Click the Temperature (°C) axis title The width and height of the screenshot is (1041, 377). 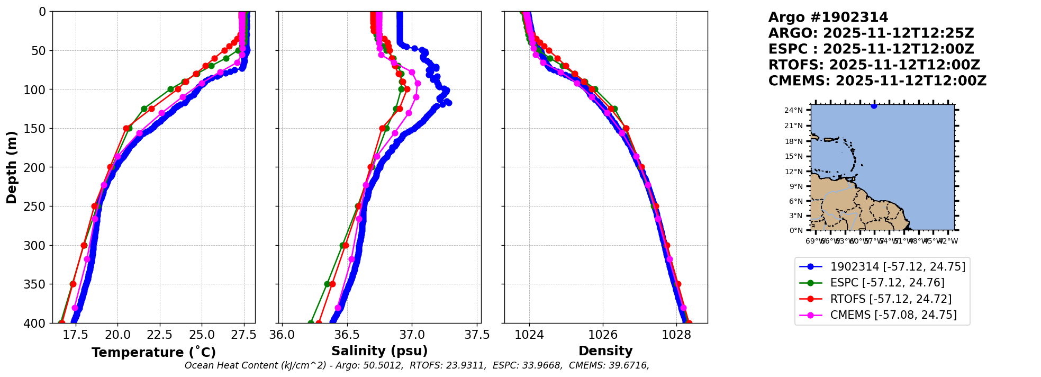(153, 353)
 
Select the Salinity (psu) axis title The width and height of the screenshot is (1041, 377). (379, 351)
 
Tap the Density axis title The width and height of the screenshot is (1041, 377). (605, 351)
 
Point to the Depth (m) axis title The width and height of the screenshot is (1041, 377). (12, 167)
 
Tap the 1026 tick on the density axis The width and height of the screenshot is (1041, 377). (603, 335)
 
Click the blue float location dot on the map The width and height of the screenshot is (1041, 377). (874, 106)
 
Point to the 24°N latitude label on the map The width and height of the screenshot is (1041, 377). (793, 111)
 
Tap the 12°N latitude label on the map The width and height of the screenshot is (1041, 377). (793, 172)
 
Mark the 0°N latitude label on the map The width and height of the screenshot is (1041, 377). (796, 230)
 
